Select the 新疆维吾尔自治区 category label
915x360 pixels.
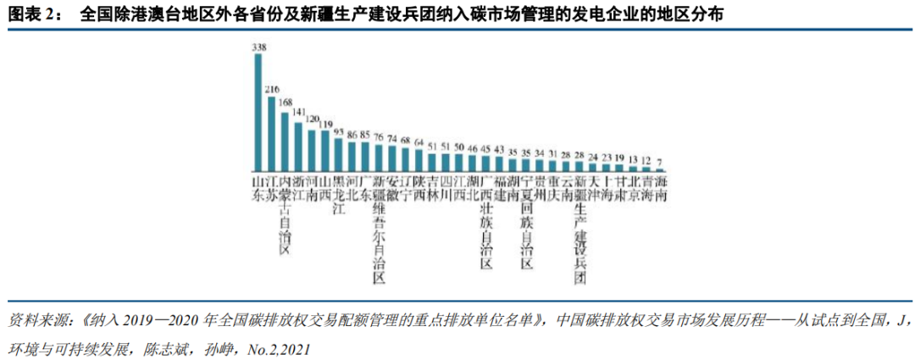[x=380, y=229]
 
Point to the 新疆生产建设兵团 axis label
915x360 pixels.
[x=580, y=229]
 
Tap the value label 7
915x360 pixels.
[x=660, y=161]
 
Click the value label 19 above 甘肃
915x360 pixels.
[x=619, y=157]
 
